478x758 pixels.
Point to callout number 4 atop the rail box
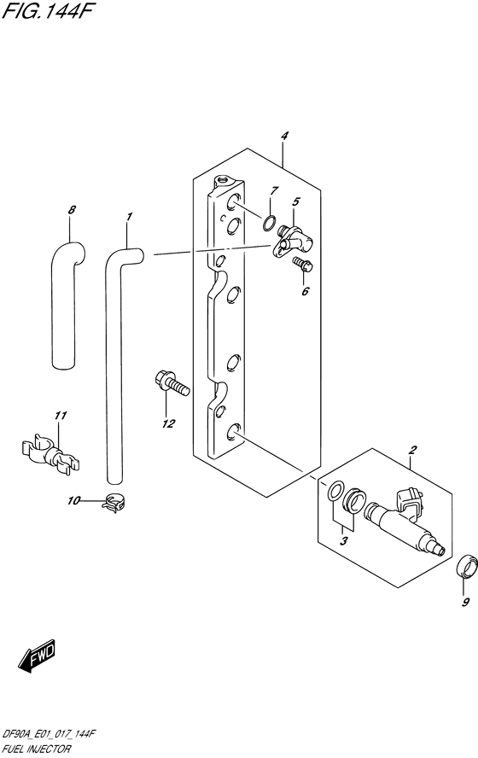(284, 136)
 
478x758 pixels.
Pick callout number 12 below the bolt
(169, 423)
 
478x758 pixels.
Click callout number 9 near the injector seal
(466, 603)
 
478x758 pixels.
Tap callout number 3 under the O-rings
(344, 540)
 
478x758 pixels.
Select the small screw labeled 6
(303, 265)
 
